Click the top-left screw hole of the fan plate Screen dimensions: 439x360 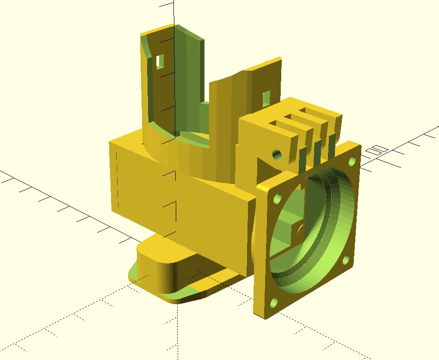pos(277,198)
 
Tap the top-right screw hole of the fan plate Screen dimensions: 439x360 pos(352,161)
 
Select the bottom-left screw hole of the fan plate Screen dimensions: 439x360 pos(274,302)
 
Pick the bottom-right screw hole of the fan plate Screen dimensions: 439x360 pos(346,260)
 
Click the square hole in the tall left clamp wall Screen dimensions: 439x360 pos(160,61)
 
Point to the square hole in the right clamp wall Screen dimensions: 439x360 pos(266,98)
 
